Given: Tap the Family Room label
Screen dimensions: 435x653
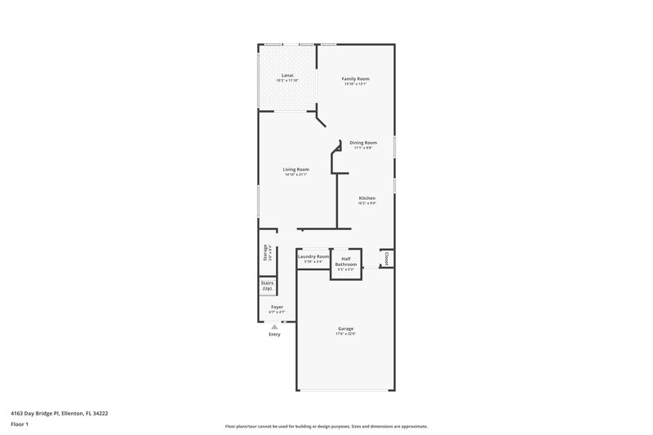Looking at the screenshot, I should point(355,79).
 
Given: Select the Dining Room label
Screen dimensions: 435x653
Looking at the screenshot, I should point(363,142).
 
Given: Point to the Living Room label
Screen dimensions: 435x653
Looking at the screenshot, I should point(295,169).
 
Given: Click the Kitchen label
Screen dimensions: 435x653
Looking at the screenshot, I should point(366,198).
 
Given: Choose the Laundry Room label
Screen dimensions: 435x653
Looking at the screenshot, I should point(313,256).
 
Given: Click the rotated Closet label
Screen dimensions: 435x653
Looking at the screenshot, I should point(386,258).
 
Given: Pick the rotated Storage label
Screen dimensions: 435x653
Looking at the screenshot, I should point(265,253).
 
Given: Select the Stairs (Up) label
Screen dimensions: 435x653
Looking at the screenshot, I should point(267,286).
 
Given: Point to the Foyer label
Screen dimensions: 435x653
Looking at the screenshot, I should point(278,307).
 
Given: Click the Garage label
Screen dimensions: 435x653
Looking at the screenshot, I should point(346,328).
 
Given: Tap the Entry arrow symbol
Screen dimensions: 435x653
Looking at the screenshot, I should point(274,326).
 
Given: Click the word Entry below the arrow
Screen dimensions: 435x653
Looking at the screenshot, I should point(274,335).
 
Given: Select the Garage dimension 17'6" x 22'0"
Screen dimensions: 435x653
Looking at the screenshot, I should point(346,333).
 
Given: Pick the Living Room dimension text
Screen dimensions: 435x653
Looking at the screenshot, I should point(295,174).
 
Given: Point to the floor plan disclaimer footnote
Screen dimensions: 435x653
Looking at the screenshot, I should point(326,426).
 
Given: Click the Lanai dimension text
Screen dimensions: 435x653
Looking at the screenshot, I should point(287,81).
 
